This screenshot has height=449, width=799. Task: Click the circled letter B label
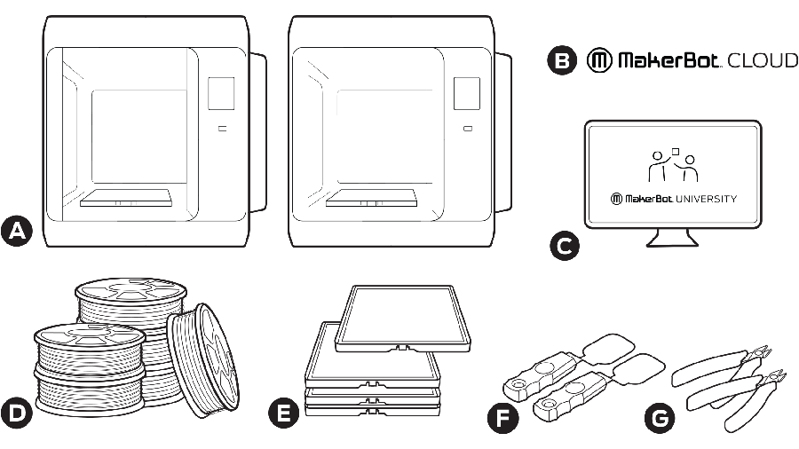(561, 61)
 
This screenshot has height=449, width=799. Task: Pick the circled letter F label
(503, 416)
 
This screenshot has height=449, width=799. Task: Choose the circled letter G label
(658, 415)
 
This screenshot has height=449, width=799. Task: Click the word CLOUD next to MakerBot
(763, 61)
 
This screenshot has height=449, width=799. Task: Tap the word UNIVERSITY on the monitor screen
(704, 199)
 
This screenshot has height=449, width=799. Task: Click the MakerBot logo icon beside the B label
(598, 61)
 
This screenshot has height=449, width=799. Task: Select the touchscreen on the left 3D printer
(221, 93)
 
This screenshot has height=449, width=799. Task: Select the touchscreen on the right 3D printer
(466, 93)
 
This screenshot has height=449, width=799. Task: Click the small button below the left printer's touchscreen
(221, 129)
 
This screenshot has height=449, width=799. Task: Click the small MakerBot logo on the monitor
(616, 199)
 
